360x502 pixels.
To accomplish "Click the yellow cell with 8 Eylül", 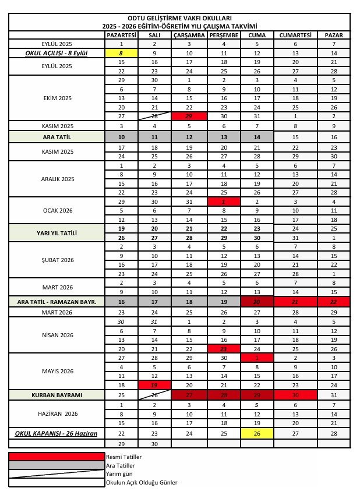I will [x=121, y=53].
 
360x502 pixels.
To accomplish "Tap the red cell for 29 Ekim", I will [x=190, y=116].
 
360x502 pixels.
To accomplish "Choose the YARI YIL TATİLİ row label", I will [x=57, y=234].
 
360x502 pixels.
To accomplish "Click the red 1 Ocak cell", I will [x=224, y=201].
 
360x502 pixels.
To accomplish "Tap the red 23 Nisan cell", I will [x=224, y=348].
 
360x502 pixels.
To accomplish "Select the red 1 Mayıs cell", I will [x=257, y=358].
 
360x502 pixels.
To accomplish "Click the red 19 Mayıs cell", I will [x=154, y=385].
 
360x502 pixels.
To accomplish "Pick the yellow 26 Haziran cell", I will [x=257, y=433].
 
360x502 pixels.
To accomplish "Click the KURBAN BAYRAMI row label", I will [x=57, y=395].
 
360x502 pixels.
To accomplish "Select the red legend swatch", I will [x=57, y=457].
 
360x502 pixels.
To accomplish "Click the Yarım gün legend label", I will [x=119, y=474].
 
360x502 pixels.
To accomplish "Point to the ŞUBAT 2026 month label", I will [x=57, y=260].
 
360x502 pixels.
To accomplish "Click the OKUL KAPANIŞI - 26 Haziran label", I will [x=57, y=434].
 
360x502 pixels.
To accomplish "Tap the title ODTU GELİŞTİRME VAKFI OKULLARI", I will [x=179, y=19].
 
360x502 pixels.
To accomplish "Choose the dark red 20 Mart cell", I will [x=257, y=302].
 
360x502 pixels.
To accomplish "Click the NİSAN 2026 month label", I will [x=57, y=335].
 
